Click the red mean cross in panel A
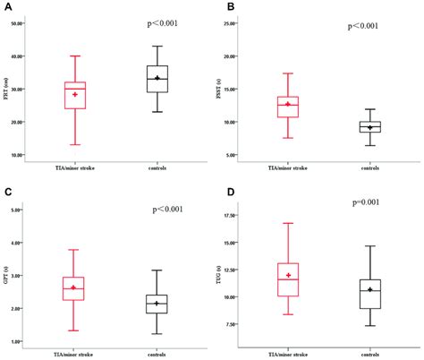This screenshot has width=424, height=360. [x=75, y=94]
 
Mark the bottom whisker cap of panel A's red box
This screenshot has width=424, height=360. [x=75, y=145]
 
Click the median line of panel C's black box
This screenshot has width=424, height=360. [x=157, y=304]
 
